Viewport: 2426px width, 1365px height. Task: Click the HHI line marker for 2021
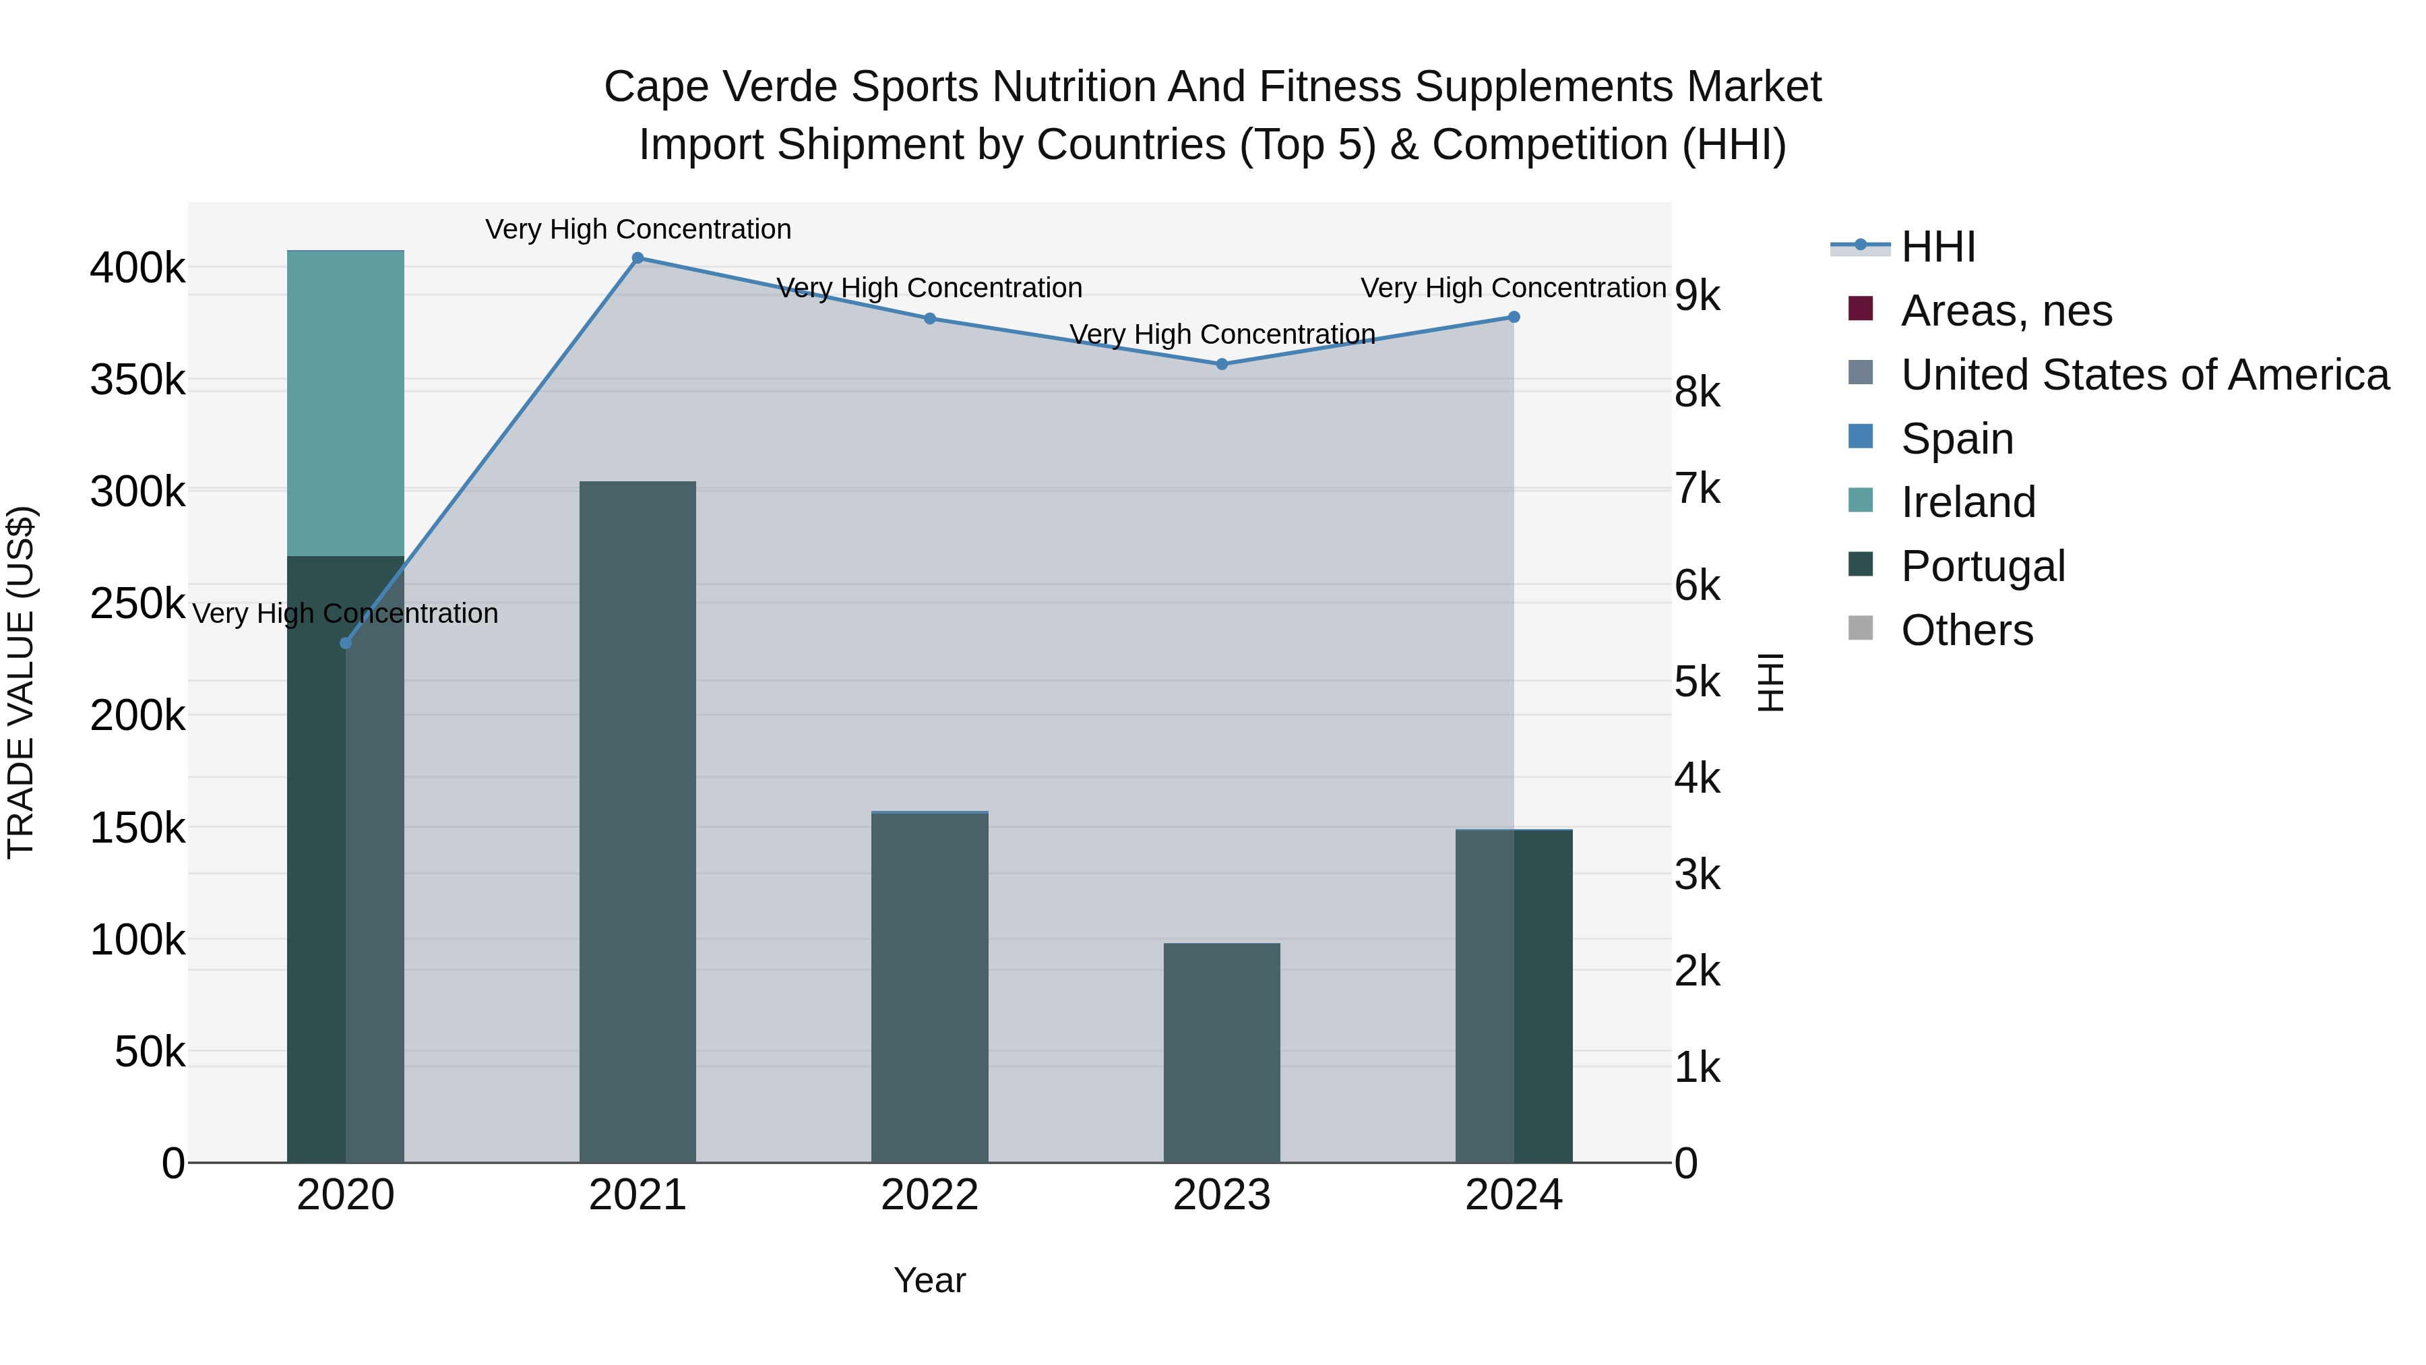point(637,258)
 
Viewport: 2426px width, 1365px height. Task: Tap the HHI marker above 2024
point(1514,317)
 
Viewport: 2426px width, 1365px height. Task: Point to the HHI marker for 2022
point(929,318)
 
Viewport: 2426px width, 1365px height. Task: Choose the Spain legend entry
point(1956,439)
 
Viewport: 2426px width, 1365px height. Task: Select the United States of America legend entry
point(2144,375)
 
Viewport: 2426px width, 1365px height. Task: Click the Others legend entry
point(1966,630)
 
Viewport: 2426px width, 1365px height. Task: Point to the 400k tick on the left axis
point(137,268)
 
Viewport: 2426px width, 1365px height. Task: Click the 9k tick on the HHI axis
point(1697,296)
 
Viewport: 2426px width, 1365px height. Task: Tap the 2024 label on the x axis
point(1514,1195)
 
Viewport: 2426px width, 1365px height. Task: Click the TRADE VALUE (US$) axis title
point(21,682)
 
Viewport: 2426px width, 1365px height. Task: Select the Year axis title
point(929,1280)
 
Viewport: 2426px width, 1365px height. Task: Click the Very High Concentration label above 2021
point(637,229)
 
